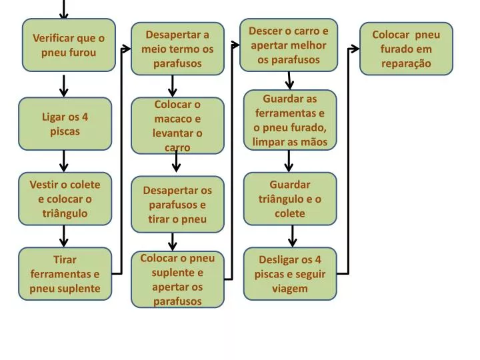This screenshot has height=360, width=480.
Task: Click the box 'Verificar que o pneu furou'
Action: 69,45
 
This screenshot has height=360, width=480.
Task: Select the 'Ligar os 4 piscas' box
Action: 65,124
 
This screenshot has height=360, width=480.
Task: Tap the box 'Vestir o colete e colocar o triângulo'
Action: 65,199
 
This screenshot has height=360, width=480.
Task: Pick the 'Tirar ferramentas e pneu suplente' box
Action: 65,274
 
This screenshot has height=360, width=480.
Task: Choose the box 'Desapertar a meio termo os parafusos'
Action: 177,49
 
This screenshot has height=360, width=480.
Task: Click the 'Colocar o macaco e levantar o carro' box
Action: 177,125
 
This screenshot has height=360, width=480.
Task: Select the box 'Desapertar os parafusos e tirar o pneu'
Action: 177,205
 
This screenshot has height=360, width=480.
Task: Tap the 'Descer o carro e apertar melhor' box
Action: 289,45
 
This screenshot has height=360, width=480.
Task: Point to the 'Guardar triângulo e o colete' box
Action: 290,199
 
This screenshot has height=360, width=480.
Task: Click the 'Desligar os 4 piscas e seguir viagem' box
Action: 290,274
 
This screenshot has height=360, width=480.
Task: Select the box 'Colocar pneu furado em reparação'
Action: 406,49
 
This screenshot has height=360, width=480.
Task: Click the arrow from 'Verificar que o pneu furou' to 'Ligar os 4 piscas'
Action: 64,86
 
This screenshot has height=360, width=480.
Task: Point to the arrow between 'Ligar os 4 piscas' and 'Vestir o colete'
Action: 64,161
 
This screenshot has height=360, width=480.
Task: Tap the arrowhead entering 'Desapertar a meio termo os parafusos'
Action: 127,49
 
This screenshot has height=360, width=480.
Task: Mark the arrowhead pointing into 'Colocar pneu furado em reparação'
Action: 355,49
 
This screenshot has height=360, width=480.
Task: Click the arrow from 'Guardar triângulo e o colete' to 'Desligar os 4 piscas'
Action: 293,236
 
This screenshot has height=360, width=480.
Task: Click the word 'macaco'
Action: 177,119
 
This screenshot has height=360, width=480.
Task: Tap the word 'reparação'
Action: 406,64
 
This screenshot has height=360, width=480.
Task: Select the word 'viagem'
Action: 290,289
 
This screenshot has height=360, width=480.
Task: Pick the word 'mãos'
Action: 314,142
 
